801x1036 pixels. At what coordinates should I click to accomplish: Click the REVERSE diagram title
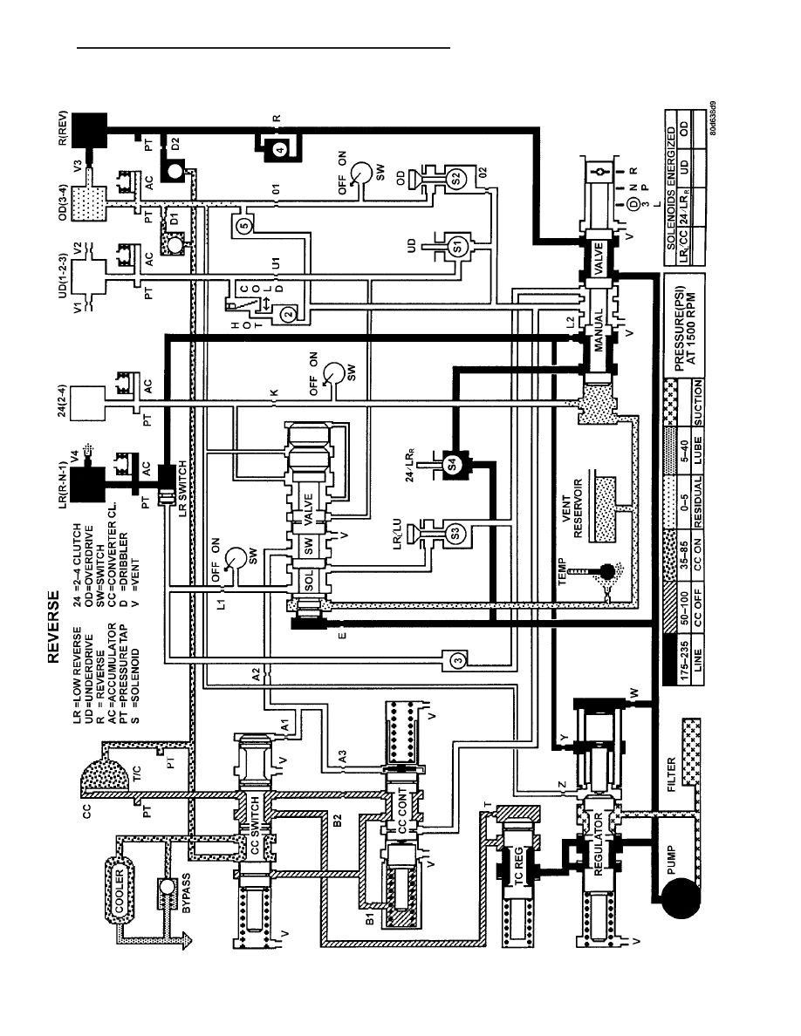53,626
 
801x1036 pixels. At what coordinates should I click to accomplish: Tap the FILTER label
672,774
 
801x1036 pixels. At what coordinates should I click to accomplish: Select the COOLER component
120,890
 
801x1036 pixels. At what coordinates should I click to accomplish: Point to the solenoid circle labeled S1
455,246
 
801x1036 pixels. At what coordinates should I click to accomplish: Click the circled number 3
459,658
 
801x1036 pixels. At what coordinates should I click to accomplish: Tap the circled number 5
243,227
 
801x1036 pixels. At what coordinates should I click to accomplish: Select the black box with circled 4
279,148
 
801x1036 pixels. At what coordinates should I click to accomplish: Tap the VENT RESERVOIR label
572,508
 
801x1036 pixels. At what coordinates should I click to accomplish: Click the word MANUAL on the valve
598,331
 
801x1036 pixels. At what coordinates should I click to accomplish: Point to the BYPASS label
186,893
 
